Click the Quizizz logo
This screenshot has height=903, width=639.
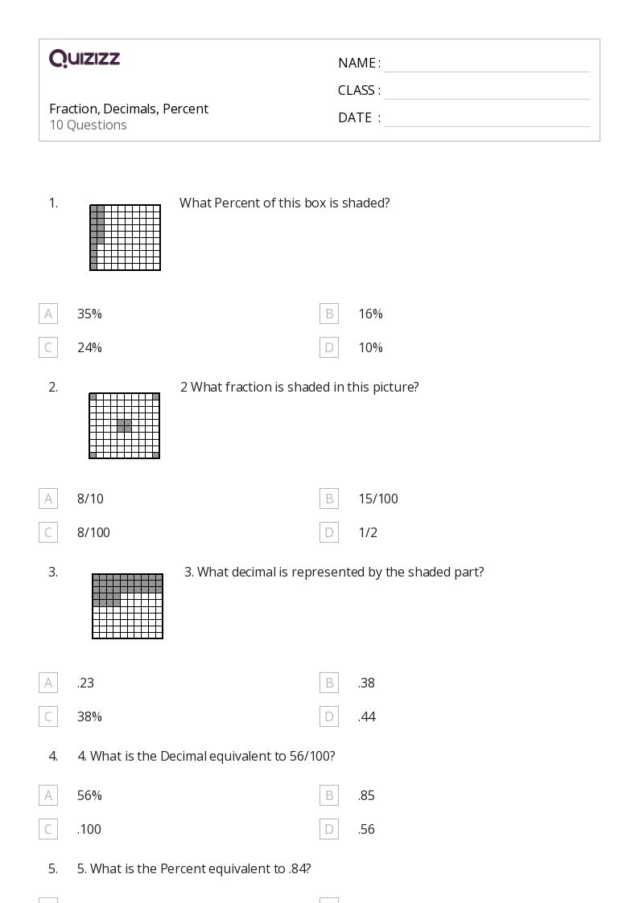85,58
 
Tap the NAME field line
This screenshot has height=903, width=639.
487,72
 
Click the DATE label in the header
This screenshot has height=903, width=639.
355,117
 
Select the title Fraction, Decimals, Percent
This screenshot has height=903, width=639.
129,109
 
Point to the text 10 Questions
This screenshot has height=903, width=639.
89,125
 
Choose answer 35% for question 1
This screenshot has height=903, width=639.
89,314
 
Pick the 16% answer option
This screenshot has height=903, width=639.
370,314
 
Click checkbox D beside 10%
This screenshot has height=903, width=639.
329,348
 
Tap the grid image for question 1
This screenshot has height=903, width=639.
125,237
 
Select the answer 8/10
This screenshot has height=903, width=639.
90,499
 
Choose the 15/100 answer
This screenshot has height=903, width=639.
378,499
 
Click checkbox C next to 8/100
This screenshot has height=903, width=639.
48,532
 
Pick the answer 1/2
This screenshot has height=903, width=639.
368,532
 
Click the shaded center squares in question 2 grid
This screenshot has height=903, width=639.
125,425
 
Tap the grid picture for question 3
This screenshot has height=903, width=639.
127,605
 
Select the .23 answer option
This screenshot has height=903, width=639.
85,683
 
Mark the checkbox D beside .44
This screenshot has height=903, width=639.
329,717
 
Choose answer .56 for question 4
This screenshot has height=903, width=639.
366,829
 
